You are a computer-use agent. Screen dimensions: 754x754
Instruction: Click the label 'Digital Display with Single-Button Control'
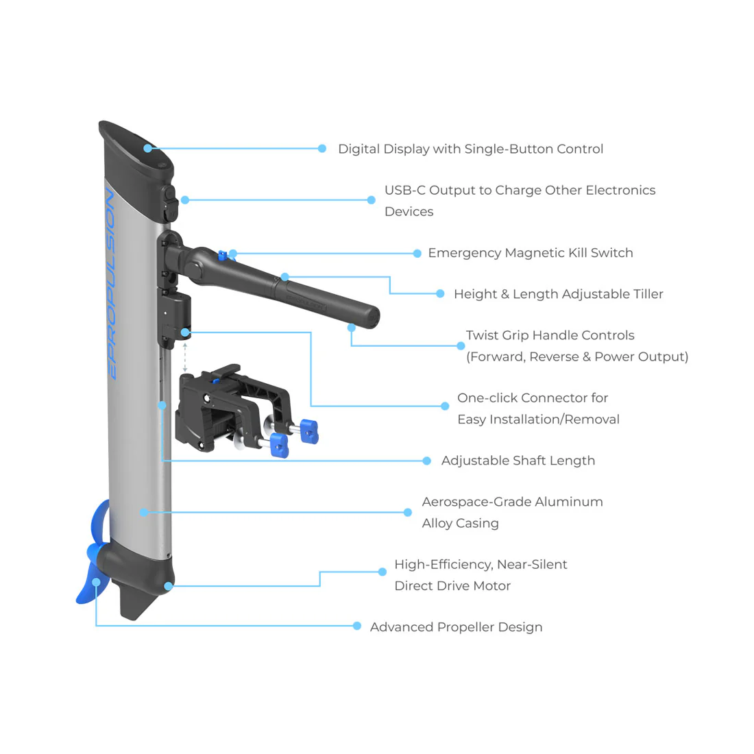click(470, 149)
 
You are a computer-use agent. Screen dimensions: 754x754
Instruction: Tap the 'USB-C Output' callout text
click(520, 191)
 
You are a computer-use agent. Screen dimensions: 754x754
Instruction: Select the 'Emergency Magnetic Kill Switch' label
click(530, 253)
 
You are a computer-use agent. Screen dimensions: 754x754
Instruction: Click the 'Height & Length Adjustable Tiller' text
click(558, 294)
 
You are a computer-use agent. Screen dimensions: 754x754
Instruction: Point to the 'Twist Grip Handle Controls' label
click(550, 335)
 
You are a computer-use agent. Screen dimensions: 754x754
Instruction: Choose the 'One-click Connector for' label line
click(532, 398)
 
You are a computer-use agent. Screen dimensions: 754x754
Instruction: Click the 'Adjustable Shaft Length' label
click(518, 461)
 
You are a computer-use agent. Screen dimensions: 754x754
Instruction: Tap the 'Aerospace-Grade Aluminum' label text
click(512, 502)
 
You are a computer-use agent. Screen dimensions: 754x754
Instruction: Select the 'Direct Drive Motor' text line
click(452, 586)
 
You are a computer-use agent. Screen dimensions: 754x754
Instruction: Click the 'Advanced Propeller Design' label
click(456, 627)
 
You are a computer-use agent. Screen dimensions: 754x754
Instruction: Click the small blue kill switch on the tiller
click(222, 256)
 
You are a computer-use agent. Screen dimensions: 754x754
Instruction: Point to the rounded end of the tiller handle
click(370, 317)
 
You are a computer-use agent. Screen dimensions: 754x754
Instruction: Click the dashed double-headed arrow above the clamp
click(185, 357)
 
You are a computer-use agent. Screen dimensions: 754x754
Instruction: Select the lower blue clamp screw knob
click(279, 444)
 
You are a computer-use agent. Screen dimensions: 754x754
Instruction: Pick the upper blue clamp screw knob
click(310, 430)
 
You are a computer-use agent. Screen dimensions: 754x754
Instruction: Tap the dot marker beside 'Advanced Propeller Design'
click(357, 626)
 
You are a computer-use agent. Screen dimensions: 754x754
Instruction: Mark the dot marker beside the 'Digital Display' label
click(322, 149)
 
